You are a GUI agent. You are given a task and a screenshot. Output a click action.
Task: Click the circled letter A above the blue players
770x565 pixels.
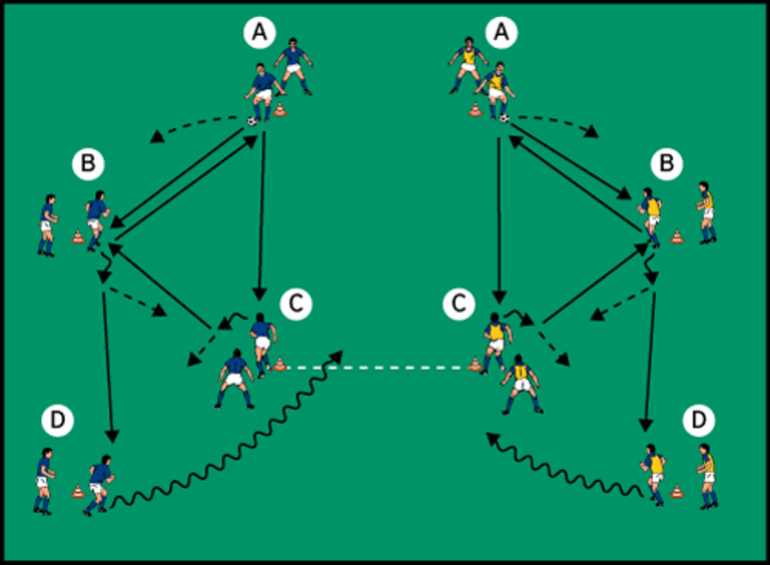point(259,33)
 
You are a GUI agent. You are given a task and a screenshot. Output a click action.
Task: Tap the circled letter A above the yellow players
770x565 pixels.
point(501,33)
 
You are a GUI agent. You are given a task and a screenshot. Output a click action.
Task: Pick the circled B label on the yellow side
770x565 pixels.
point(667,165)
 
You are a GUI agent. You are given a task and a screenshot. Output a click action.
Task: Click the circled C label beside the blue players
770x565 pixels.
point(295,303)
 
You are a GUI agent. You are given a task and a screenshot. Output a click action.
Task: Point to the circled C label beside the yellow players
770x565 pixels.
point(459,303)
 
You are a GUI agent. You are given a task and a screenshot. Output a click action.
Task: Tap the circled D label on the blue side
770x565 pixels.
point(57,421)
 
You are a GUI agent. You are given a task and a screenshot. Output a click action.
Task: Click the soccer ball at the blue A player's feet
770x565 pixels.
point(253,121)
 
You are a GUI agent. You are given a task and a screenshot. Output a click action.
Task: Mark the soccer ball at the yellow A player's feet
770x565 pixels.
point(504,119)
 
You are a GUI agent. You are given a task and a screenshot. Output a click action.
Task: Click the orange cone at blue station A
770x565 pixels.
point(280,112)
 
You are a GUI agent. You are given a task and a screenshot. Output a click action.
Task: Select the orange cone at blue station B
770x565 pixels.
point(77,236)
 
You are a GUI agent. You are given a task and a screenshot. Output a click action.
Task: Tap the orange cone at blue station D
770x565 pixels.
point(77,490)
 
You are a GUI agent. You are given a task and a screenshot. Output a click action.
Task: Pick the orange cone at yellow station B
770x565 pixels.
point(676,236)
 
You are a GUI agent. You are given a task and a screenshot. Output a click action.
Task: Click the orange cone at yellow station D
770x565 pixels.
point(676,490)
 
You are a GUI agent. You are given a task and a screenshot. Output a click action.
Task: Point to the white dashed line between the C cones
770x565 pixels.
point(377,367)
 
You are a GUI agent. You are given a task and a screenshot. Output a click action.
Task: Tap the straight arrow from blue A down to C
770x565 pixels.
point(260,207)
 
